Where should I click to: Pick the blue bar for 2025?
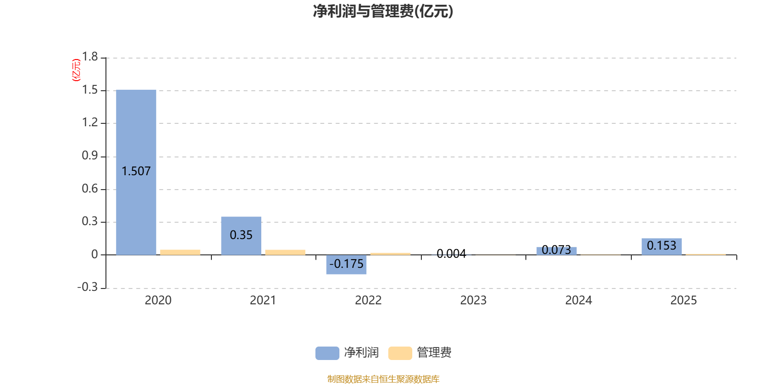pos(662,246)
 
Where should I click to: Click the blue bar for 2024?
pos(556,251)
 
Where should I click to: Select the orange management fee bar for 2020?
pos(180,252)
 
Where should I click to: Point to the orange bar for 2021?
pos(285,252)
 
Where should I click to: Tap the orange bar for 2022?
pos(390,253)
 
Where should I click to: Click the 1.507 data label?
pos(136,171)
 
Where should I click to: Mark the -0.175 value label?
pos(346,264)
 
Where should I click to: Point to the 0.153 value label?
pos(662,245)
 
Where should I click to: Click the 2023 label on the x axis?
pos(473,300)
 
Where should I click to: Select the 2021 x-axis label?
pos(263,300)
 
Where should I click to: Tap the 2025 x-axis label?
pos(683,300)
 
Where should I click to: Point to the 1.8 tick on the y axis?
pos(90,57)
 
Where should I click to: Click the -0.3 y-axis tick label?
pos(87,287)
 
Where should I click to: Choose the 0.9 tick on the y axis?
pos(90,156)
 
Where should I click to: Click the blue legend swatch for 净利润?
pos(327,353)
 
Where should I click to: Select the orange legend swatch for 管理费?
pos(400,353)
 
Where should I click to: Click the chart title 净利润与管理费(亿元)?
pos(383,11)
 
